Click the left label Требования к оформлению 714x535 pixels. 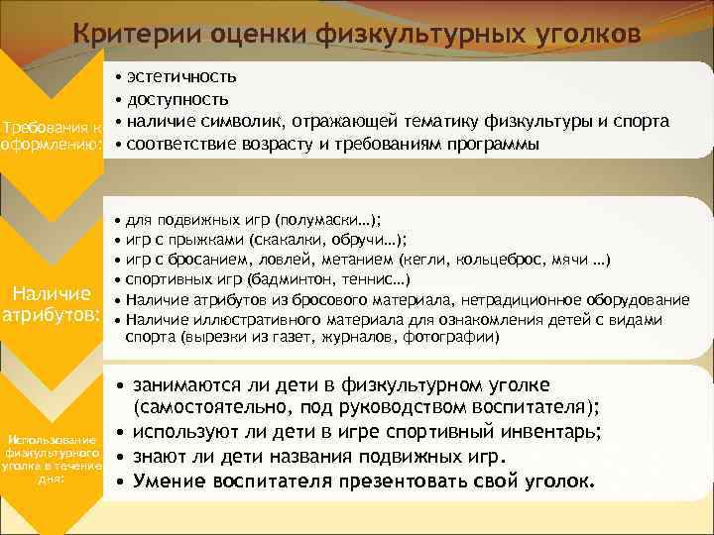pyautogui.click(x=52, y=139)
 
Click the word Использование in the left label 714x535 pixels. pyautogui.click(x=52, y=439)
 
